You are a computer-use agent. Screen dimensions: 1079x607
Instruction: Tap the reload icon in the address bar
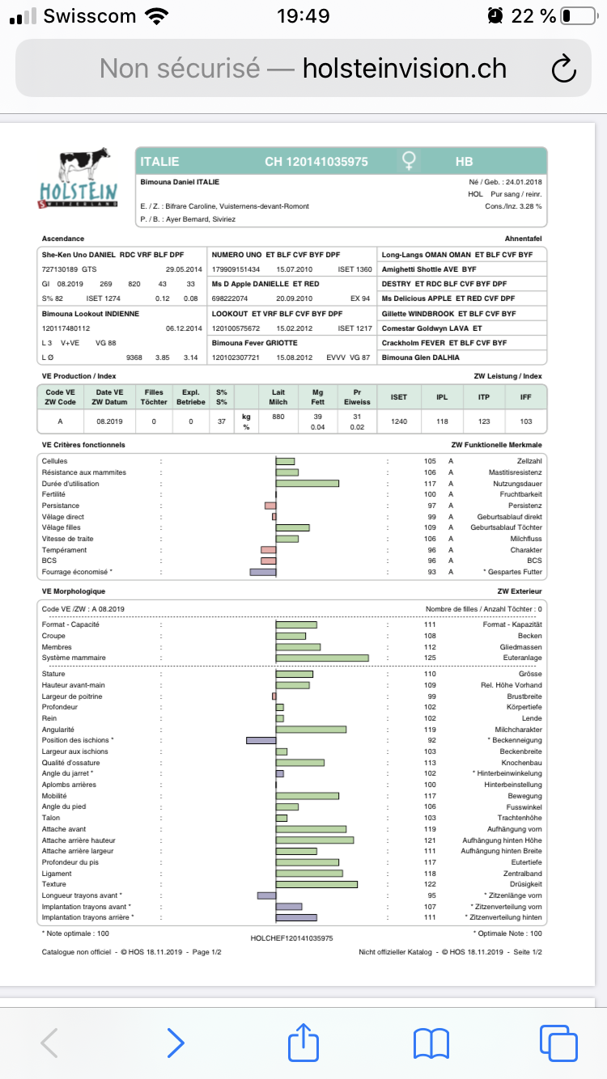click(x=563, y=69)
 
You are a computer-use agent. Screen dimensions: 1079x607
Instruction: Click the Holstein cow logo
click(x=79, y=179)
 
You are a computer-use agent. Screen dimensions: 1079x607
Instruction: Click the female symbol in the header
click(x=410, y=161)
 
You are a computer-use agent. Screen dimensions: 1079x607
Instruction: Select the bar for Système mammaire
click(x=322, y=658)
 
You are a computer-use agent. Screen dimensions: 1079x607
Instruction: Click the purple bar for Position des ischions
click(x=261, y=740)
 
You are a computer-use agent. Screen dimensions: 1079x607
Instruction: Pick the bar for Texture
click(x=316, y=884)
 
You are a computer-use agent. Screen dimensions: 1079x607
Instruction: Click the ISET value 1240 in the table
click(x=399, y=421)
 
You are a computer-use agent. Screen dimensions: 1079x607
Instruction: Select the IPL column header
click(x=442, y=397)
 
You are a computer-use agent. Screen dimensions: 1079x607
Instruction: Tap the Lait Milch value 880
click(x=278, y=417)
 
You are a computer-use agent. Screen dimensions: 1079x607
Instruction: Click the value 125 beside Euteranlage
click(x=430, y=658)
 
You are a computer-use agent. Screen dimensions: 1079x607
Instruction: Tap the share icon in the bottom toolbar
click(x=303, y=1043)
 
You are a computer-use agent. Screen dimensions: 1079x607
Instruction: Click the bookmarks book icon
click(x=431, y=1043)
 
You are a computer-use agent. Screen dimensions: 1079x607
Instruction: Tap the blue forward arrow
click(x=175, y=1043)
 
